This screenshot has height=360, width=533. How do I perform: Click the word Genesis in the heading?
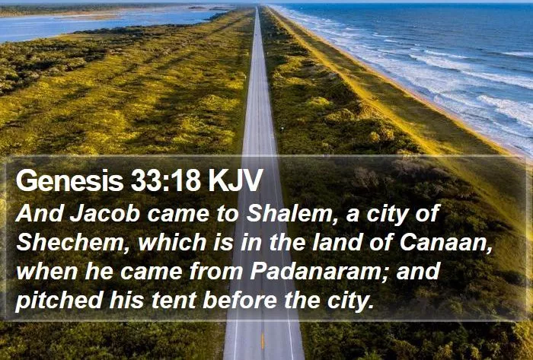pyautogui.click(x=69, y=180)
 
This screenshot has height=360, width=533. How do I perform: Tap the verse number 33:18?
pyautogui.click(x=166, y=180)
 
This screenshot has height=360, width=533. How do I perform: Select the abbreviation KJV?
pyautogui.click(x=235, y=180)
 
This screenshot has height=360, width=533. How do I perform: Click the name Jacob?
pyautogui.click(x=105, y=214)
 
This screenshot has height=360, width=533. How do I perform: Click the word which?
pyautogui.click(x=172, y=243)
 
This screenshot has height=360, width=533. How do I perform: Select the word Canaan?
pyautogui.click(x=446, y=243)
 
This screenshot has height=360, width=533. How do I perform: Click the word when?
pyautogui.click(x=47, y=272)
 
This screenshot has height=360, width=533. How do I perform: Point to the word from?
pyautogui.click(x=216, y=272)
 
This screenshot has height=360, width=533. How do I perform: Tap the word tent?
pyautogui.click(x=174, y=301)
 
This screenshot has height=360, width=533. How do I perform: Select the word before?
pyautogui.click(x=240, y=301)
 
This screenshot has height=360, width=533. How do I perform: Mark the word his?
pyautogui.click(x=126, y=301)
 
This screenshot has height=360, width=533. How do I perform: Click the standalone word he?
pyautogui.click(x=99, y=272)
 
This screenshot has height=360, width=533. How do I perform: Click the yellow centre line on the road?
pyautogui.click(x=263, y=341)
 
